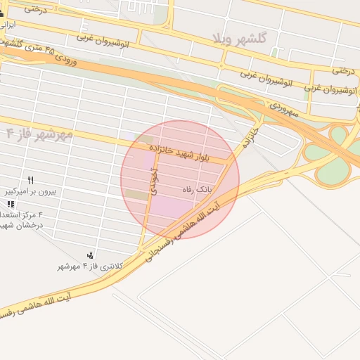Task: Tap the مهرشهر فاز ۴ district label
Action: (x=39, y=134)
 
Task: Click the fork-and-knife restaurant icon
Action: (x=30, y=180)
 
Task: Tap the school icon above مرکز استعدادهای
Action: (x=10, y=203)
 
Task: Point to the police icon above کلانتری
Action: (x=90, y=255)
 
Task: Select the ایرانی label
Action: (x=8, y=23)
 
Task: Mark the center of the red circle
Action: (x=180, y=180)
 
